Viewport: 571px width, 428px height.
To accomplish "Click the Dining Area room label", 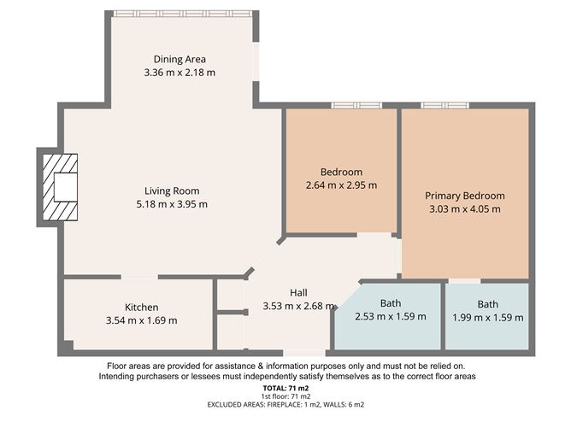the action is point(180,59).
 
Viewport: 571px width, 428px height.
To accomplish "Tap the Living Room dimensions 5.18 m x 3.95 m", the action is point(172,204).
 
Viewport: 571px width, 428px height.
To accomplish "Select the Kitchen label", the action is point(141,308).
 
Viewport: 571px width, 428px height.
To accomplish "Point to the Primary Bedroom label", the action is point(465,196).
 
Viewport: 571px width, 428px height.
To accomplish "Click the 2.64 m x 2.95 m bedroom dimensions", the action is point(341,185).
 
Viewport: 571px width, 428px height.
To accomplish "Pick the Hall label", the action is point(298,293).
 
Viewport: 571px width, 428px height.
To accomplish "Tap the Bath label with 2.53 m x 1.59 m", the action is point(391,303).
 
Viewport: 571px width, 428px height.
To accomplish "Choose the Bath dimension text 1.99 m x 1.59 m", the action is point(487,318).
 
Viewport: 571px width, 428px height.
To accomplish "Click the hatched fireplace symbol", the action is point(60,187).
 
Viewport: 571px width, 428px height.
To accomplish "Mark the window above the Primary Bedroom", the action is point(445,106).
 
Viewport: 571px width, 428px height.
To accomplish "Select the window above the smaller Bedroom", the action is point(356,106).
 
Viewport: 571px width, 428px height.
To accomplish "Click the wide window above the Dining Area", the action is point(182,14).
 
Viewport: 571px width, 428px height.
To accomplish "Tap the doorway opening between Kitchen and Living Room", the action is point(139,277).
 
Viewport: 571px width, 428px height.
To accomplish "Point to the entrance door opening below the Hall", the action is point(304,353).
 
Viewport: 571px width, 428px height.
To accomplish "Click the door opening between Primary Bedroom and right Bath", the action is point(464,281).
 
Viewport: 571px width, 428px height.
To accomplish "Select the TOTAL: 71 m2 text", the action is point(285,389).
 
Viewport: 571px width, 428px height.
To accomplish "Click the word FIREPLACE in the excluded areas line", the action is point(284,404).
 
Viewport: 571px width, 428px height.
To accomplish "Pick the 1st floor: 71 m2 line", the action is point(285,396).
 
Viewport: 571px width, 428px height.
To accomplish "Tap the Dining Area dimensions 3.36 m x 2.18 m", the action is point(180,73).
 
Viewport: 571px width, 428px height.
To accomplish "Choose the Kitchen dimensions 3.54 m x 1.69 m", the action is point(141,320).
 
